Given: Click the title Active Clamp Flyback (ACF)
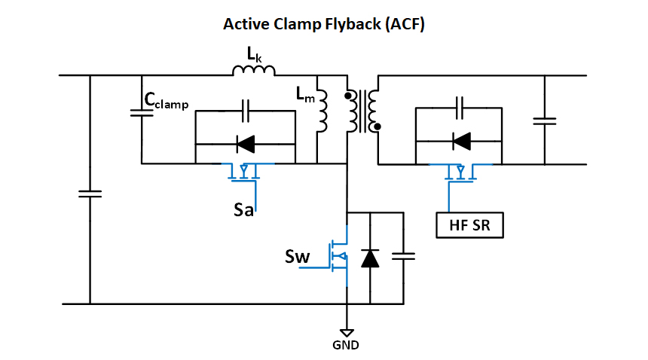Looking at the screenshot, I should (324, 24).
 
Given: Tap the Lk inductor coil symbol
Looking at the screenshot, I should (254, 72).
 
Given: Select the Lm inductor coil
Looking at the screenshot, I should (322, 111).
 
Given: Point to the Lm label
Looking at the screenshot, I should (305, 93).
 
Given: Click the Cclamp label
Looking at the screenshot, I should (167, 101).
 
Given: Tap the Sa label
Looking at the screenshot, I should (243, 208).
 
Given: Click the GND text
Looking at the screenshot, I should (346, 346).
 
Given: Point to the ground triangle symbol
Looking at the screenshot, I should (347, 333).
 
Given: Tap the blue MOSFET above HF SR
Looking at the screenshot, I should (461, 172).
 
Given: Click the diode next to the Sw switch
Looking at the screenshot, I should (369, 258).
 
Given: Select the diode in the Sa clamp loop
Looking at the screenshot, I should (245, 142).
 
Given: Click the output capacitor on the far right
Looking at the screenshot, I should (543, 120).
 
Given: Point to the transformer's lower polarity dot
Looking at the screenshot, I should (377, 127).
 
